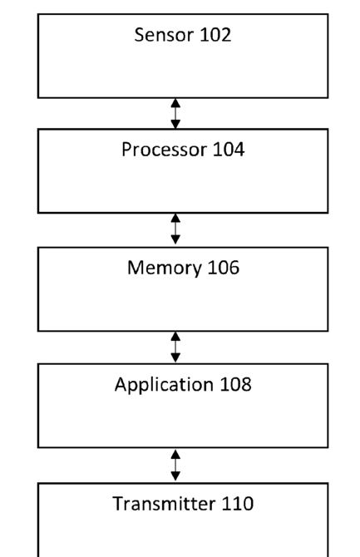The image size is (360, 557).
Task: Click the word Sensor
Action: [165, 35]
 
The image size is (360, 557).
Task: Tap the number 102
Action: [215, 35]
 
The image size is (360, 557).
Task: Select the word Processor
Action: [165, 150]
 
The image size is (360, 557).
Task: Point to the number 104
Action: [229, 149]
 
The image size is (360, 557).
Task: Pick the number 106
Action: [223, 268]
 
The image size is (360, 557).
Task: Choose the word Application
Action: [164, 385]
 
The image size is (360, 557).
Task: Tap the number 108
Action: [235, 384]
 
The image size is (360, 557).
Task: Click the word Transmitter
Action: [164, 504]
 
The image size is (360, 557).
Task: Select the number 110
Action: [238, 504]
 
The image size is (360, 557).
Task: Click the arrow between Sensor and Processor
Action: [175, 113]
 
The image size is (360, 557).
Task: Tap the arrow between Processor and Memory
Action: [175, 229]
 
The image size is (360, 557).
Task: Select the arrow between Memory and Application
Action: [175, 347]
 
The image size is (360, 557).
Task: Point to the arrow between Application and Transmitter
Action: [175, 466]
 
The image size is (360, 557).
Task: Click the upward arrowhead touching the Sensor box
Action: [175, 103]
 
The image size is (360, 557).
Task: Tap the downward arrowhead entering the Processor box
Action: [175, 124]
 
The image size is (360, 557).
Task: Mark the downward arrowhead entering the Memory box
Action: [175, 239]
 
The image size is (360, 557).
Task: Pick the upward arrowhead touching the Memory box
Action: [175, 337]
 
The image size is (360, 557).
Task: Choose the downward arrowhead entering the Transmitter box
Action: [175, 476]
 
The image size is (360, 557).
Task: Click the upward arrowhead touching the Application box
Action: [175, 455]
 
